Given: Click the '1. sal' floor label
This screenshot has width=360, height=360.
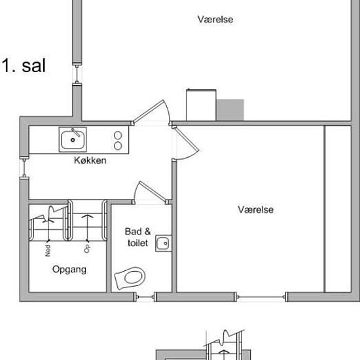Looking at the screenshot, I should coord(24,66).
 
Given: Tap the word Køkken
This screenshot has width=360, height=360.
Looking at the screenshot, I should coord(90,160).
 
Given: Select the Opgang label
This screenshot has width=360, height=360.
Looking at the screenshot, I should coord(68,269).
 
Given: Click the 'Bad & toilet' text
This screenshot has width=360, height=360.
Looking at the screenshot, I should coord(137,237).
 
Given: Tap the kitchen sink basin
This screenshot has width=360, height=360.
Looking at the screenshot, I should coord(71,139).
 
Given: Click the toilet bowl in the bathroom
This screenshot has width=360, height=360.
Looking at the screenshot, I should coord(131,277).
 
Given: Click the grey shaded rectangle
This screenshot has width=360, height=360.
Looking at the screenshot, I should coord(230,110).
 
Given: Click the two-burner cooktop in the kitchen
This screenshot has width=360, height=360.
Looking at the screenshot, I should coord(118,140).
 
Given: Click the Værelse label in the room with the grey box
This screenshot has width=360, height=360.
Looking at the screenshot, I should coord(215,20).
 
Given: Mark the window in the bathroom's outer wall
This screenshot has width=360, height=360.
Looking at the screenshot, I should coord(145,296).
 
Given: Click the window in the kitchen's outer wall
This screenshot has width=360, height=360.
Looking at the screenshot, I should coord(25,168).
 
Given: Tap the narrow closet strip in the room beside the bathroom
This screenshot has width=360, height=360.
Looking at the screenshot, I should coord(338,209).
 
